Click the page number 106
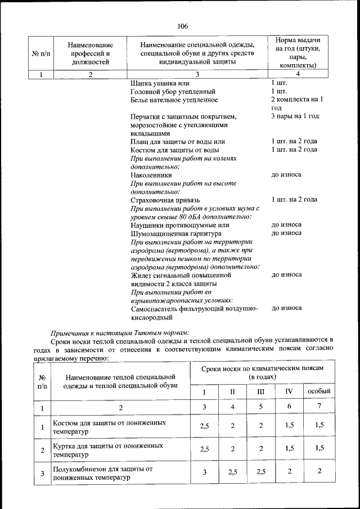click(x=182, y=26)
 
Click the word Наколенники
click(x=151, y=175)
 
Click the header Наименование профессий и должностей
click(x=90, y=53)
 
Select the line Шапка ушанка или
click(x=157, y=83)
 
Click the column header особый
click(x=319, y=390)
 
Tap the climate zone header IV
click(x=289, y=390)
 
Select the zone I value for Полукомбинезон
click(x=204, y=472)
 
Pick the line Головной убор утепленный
click(x=172, y=91)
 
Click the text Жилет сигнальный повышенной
click(x=181, y=275)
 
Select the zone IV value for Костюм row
click(x=289, y=426)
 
